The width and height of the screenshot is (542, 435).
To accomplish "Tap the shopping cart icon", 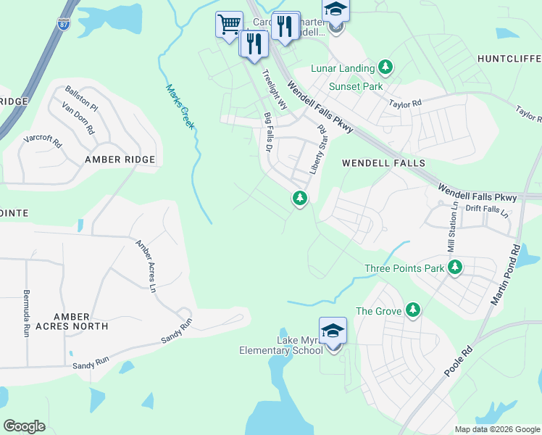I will pos(229,24).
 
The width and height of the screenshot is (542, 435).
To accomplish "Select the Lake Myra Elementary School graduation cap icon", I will pos(333,331).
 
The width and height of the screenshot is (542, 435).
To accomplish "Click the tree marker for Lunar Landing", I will pos(385,68).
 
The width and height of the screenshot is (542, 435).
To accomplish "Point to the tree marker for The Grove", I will pos(412,310).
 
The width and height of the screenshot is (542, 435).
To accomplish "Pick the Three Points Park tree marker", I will pos(455,268).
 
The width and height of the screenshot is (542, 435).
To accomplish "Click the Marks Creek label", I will pos(180,107).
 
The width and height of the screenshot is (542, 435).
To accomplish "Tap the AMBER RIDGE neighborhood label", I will pos(120,159).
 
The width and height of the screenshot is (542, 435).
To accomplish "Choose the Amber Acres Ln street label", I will pos(147,256).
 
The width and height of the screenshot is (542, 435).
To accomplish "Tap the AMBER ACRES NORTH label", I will pos(70,321).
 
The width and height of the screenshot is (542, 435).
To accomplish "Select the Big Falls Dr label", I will pos(267,132).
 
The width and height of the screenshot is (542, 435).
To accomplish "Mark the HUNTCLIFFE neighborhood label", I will pos(509,58).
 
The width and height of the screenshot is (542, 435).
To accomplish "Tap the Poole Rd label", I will pos(454,360).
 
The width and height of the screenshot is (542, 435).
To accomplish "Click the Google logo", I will pos(24,426).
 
